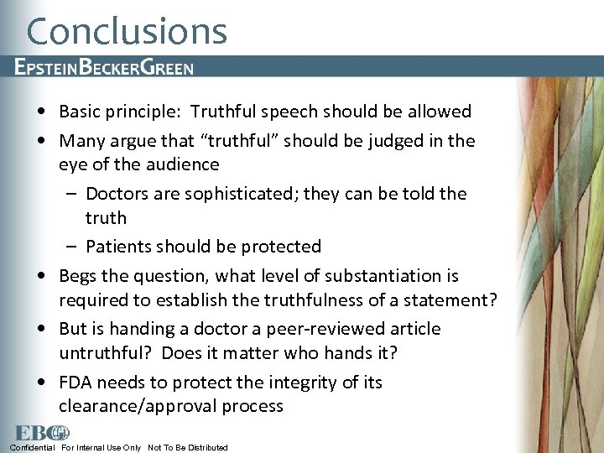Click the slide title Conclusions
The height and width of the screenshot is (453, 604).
click(x=127, y=31)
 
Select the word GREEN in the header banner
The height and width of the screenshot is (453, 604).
click(x=166, y=68)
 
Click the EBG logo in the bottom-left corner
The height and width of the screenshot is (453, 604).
click(x=40, y=432)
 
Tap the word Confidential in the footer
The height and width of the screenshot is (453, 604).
click(x=32, y=448)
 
